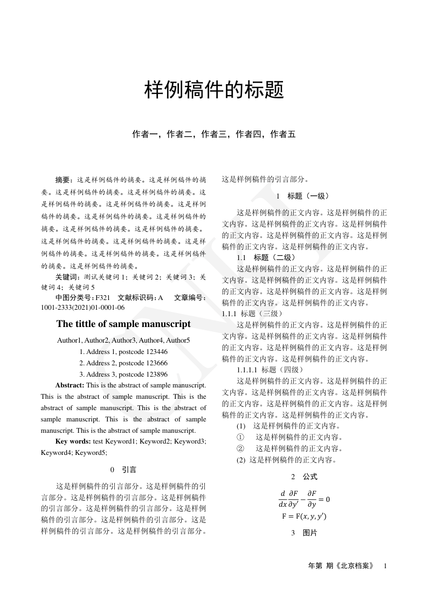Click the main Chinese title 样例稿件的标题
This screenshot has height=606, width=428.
coord(214,90)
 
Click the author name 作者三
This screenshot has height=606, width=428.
coord(213,134)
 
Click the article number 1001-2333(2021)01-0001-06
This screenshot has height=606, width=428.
coord(82,308)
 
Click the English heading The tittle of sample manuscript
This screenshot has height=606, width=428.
coord(123,324)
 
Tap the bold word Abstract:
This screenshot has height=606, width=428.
coord(70,385)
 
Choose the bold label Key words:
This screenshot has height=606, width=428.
coord(73,441)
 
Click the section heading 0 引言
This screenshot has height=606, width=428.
coord(123,469)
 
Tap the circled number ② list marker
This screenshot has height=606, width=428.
coord(240,448)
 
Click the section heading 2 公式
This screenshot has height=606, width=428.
coord(304,476)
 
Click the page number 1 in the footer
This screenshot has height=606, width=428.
coord(385,566)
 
